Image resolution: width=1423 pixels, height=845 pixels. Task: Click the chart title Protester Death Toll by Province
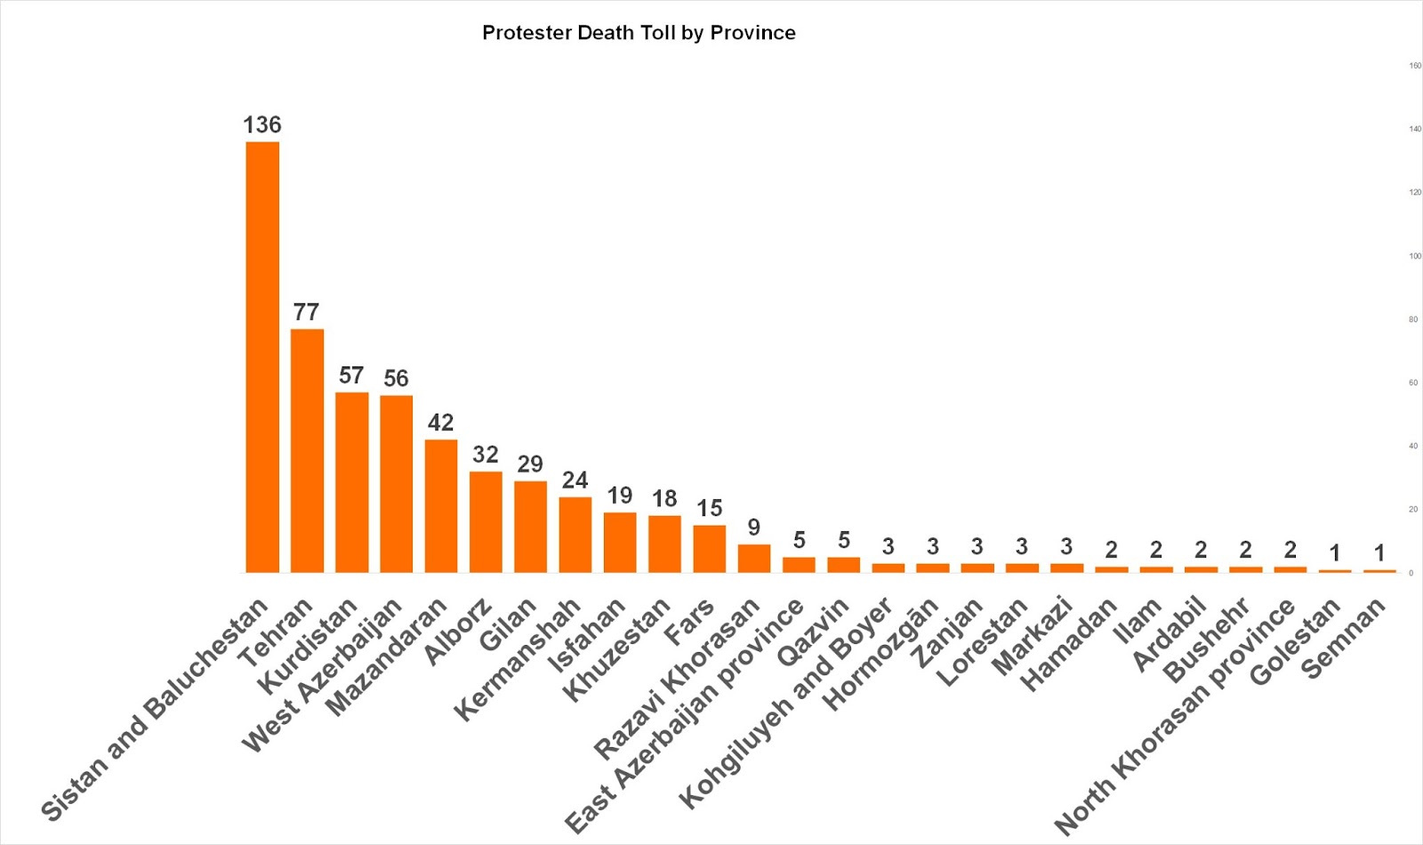tap(639, 33)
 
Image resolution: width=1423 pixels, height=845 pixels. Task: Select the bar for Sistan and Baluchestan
tap(262, 357)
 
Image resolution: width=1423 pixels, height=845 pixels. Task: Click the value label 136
tap(262, 125)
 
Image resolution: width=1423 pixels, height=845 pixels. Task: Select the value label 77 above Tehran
tap(306, 312)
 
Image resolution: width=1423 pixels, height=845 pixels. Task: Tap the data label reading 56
tap(396, 379)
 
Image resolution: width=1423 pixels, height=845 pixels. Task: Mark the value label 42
tap(441, 422)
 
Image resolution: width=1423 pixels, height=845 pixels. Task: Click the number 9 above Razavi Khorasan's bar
tap(754, 527)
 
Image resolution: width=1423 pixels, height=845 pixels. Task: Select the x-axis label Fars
tap(689, 622)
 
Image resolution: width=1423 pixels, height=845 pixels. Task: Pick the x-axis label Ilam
tap(1138, 621)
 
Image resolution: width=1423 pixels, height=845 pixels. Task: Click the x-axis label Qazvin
tap(813, 632)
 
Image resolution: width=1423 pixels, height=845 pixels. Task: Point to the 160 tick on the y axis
tap(1414, 66)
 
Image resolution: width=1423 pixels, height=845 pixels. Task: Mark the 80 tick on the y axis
tap(1413, 319)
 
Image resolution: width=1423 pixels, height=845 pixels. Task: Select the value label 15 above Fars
tap(710, 509)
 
